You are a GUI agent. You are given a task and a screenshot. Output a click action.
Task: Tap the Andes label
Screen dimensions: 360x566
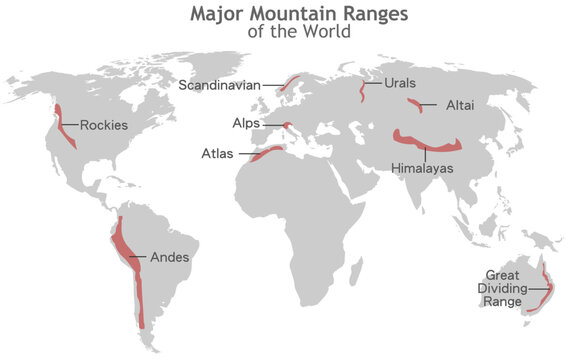(169, 257)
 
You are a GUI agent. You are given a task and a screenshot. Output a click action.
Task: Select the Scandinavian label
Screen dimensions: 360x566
(218, 85)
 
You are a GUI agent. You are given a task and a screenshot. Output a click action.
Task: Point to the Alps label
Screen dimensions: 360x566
(246, 124)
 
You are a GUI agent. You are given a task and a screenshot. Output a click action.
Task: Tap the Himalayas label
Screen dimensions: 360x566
(422, 168)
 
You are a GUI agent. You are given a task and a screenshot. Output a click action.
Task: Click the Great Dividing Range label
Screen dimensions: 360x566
(503, 288)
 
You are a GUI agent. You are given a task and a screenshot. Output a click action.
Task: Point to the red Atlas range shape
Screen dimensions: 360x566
(264, 153)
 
